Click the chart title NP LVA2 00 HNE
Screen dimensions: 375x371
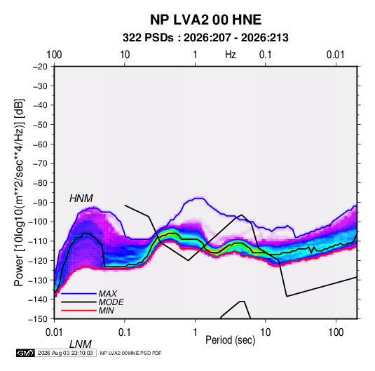coord(205,20)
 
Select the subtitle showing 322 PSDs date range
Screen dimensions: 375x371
coord(205,38)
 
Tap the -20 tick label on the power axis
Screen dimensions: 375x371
coord(40,67)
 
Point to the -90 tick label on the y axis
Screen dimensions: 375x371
coord(40,203)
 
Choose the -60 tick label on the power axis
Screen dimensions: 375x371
coord(40,144)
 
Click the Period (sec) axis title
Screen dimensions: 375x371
coord(231,340)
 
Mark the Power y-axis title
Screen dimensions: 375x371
coord(19,192)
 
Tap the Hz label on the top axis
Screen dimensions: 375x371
coord(231,55)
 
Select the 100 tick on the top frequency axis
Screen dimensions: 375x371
coord(54,55)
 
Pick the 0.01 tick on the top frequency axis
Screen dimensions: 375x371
coord(335,55)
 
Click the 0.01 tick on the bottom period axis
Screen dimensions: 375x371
coord(54,332)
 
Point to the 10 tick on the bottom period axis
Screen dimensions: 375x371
coord(265,332)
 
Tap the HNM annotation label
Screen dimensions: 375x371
coord(81,198)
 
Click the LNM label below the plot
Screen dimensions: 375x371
coord(81,344)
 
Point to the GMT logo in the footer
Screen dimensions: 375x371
coord(26,353)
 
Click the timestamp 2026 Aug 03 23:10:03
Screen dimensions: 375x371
coord(65,353)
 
